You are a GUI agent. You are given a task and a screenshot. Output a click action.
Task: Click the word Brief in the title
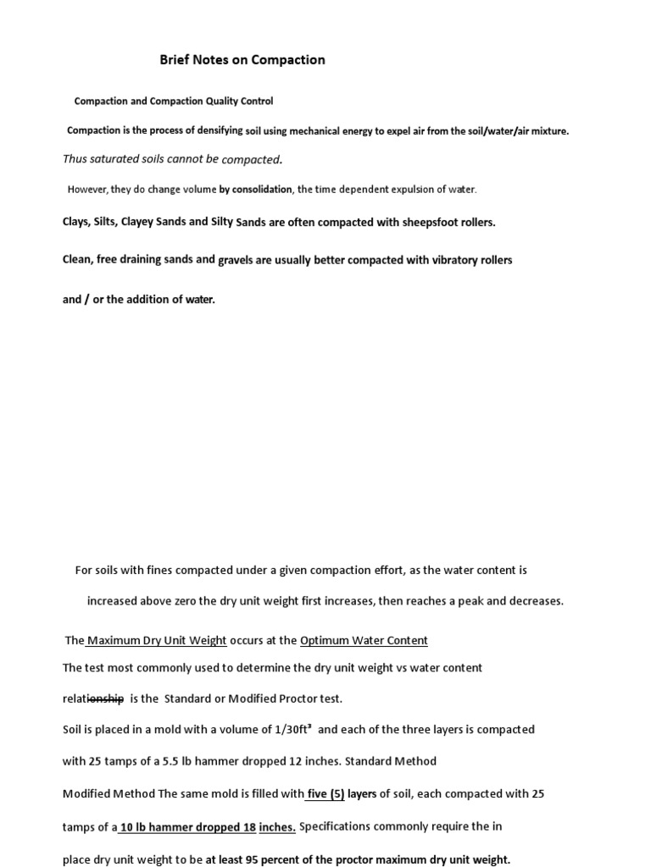175,60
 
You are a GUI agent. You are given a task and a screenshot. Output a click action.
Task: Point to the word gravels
235,260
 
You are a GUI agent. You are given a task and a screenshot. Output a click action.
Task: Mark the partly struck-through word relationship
93,699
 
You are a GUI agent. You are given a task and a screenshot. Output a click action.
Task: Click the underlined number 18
249,827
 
